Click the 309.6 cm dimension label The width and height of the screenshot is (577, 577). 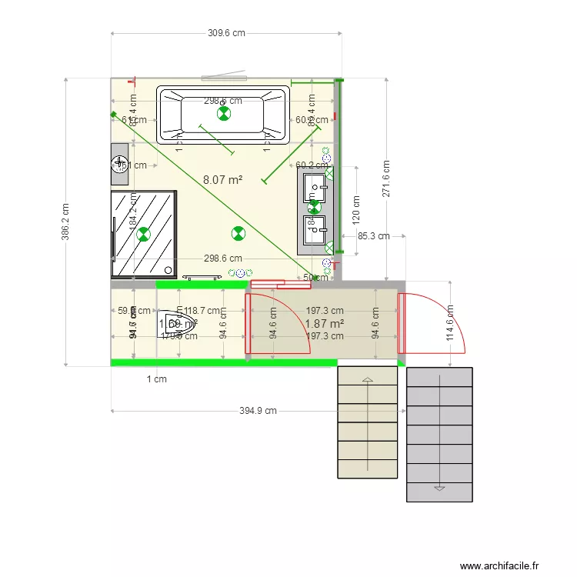226,33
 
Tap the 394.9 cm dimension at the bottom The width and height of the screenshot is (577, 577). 257,411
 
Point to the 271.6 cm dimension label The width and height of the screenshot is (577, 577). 386,178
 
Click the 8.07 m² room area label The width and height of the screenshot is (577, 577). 222,179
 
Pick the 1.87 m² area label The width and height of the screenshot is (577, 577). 324,324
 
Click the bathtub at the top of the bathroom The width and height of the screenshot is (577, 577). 223,115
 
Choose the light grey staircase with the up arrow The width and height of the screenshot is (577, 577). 368,422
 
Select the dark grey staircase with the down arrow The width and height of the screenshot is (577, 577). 439,435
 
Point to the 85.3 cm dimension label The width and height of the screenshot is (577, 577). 373,236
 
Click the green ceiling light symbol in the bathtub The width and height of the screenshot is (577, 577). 223,115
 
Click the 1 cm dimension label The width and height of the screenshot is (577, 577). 156,379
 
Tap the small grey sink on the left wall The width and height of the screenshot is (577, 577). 119,164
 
